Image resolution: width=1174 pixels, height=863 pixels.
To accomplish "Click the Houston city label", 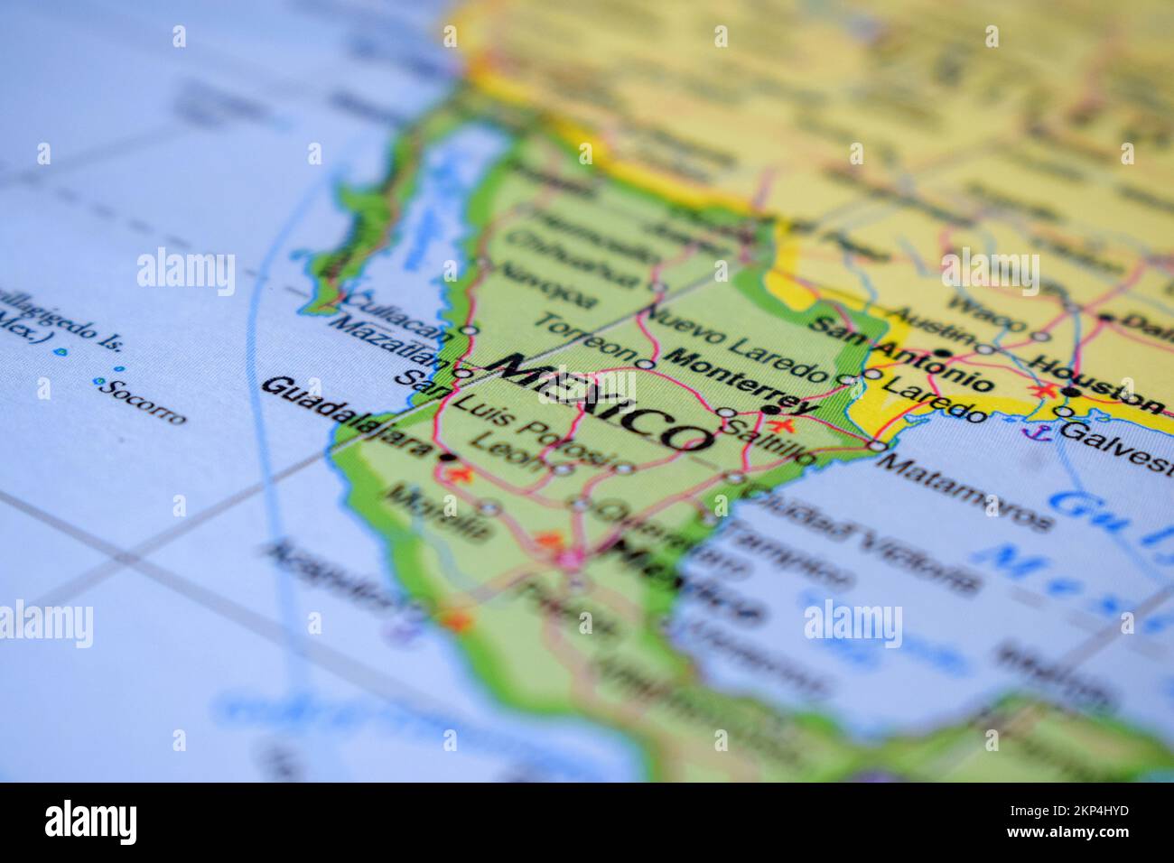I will click(x=1097, y=383).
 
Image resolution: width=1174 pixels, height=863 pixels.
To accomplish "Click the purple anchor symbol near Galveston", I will click(x=1028, y=432).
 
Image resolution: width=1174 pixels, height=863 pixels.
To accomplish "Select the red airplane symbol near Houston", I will click(x=1045, y=391).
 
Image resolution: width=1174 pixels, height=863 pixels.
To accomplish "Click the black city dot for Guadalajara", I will click(x=444, y=458).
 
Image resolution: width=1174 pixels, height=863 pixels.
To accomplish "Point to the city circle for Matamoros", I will click(x=877, y=446).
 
